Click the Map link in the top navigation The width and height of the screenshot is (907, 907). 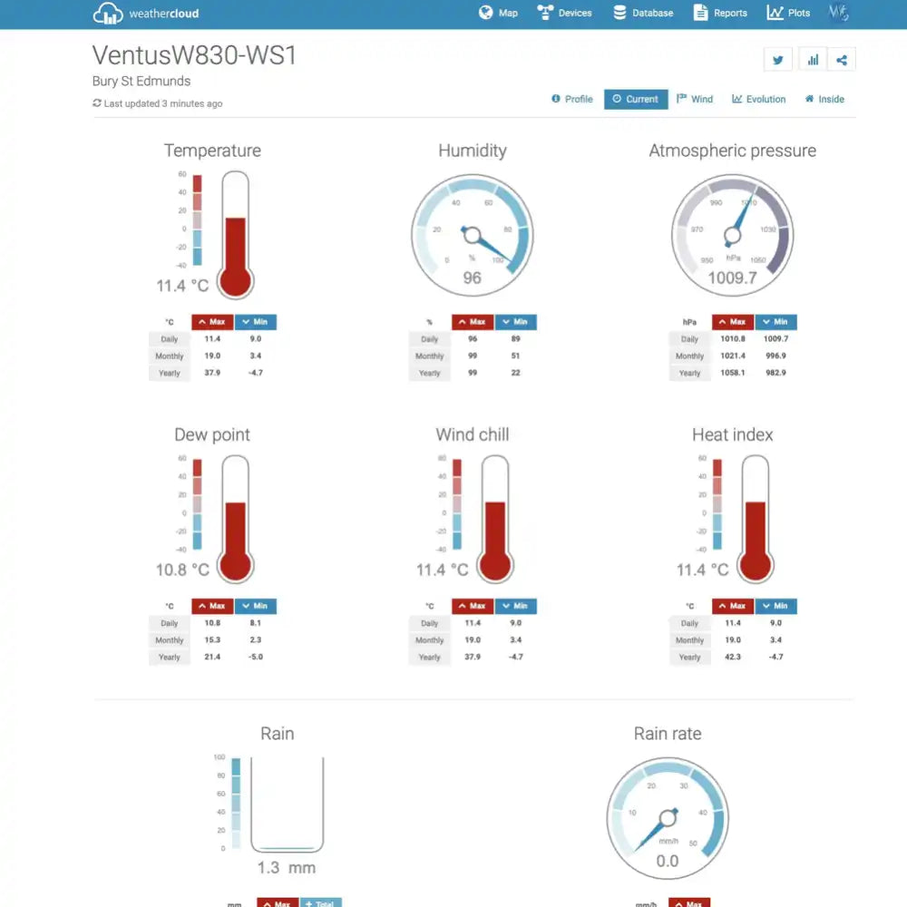(x=498, y=13)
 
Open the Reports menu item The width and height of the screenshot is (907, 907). (x=720, y=13)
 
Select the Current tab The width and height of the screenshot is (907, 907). (x=635, y=99)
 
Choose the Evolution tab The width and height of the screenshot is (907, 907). (x=759, y=99)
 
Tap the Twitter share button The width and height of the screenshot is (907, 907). (x=777, y=60)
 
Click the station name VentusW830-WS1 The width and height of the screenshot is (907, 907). (x=194, y=55)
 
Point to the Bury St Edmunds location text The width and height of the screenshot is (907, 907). (x=141, y=82)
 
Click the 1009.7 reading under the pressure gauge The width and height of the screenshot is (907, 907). (x=732, y=278)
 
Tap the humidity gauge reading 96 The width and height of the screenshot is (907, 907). (x=473, y=278)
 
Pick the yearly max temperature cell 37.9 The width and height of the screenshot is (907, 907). (x=212, y=373)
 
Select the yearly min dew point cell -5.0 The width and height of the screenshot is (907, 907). (x=256, y=657)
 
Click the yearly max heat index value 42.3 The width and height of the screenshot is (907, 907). (x=733, y=657)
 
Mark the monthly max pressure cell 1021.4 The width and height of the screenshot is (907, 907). (x=733, y=356)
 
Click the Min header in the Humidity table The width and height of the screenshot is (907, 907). (x=515, y=322)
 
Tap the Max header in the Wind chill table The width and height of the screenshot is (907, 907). (x=473, y=606)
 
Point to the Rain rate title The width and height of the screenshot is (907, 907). (x=668, y=734)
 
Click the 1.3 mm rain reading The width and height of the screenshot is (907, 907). (x=286, y=868)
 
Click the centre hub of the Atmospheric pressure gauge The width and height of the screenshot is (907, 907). (x=732, y=237)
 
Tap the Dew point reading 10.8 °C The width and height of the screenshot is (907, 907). (x=182, y=570)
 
